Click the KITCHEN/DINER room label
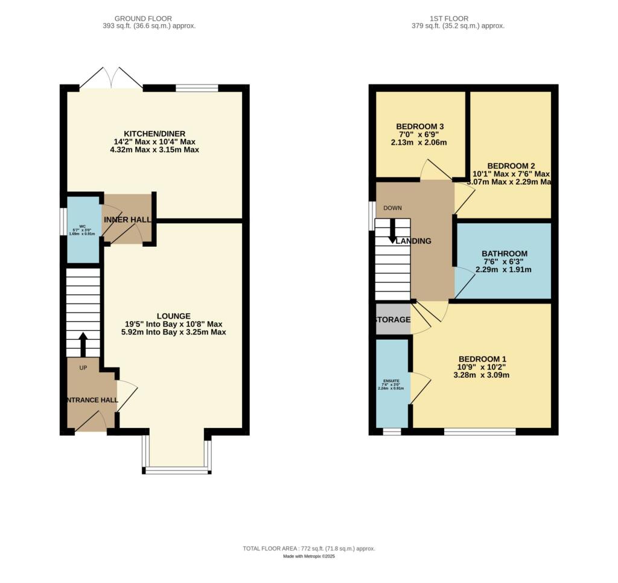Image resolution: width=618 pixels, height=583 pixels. tap(154, 133)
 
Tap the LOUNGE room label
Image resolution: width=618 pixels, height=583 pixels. tap(173, 316)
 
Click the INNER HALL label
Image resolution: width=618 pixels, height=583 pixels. tap(127, 220)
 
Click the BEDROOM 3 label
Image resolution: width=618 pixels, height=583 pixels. tap(420, 126)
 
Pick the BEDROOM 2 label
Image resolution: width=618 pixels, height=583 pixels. tap(511, 165)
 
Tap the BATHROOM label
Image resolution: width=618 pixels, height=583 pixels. tap(504, 254)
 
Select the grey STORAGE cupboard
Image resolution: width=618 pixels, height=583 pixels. tap(393, 320)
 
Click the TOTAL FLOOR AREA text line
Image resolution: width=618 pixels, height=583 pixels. tap(309, 549)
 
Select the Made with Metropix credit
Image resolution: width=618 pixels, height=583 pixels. tap(309, 556)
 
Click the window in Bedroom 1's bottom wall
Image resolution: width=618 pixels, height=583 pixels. tap(480, 432)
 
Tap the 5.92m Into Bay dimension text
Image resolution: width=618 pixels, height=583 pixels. tap(173, 332)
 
